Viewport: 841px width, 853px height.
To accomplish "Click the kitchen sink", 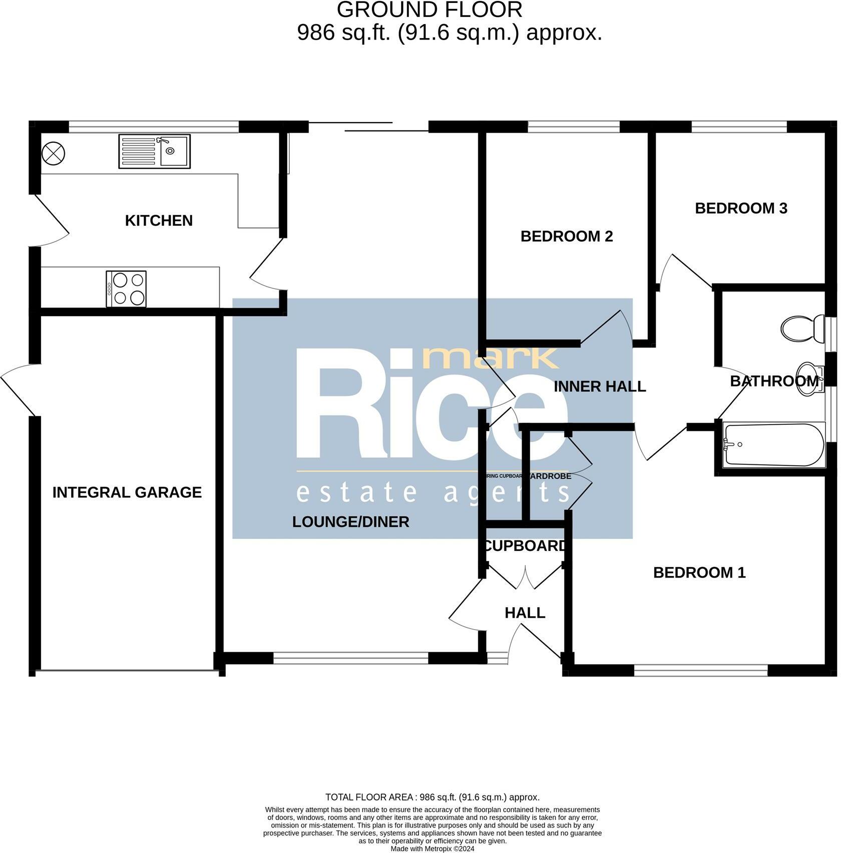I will tap(154, 151).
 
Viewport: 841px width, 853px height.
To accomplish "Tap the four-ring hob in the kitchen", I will tap(126, 289).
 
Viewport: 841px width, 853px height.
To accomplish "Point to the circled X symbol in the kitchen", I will tap(53, 153).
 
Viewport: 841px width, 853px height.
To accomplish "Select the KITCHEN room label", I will tap(159, 220).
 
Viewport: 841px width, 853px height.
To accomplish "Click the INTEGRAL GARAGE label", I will tap(127, 492).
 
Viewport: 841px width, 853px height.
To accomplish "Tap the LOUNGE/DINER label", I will tap(350, 522).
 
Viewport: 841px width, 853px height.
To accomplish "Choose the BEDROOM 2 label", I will tap(567, 236).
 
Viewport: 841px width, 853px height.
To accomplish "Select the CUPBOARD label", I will tap(525, 546).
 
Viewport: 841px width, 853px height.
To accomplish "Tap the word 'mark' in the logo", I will tap(491, 358).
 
